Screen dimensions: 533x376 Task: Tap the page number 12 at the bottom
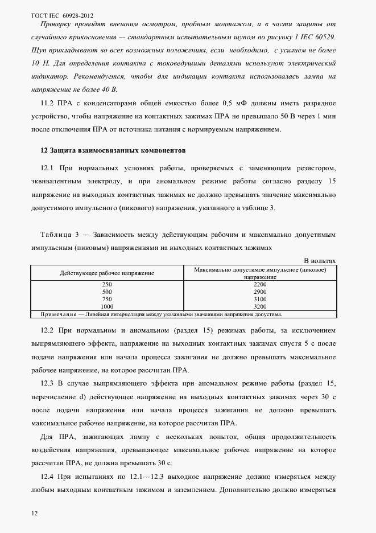pyautogui.click(x=35, y=514)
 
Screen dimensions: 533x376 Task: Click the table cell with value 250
pyautogui.click(x=107, y=284)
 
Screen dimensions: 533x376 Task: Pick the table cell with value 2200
pyautogui.click(x=260, y=284)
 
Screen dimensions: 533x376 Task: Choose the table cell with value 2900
pyautogui.click(x=260, y=291)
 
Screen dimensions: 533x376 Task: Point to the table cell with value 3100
pyautogui.click(x=260, y=298)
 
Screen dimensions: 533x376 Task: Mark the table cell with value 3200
pyautogui.click(x=260, y=306)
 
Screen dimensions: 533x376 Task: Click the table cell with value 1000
pyautogui.click(x=107, y=306)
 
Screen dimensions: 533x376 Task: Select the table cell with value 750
pyautogui.click(x=107, y=298)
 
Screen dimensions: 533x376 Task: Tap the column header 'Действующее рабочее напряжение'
pyautogui.click(x=107, y=273)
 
